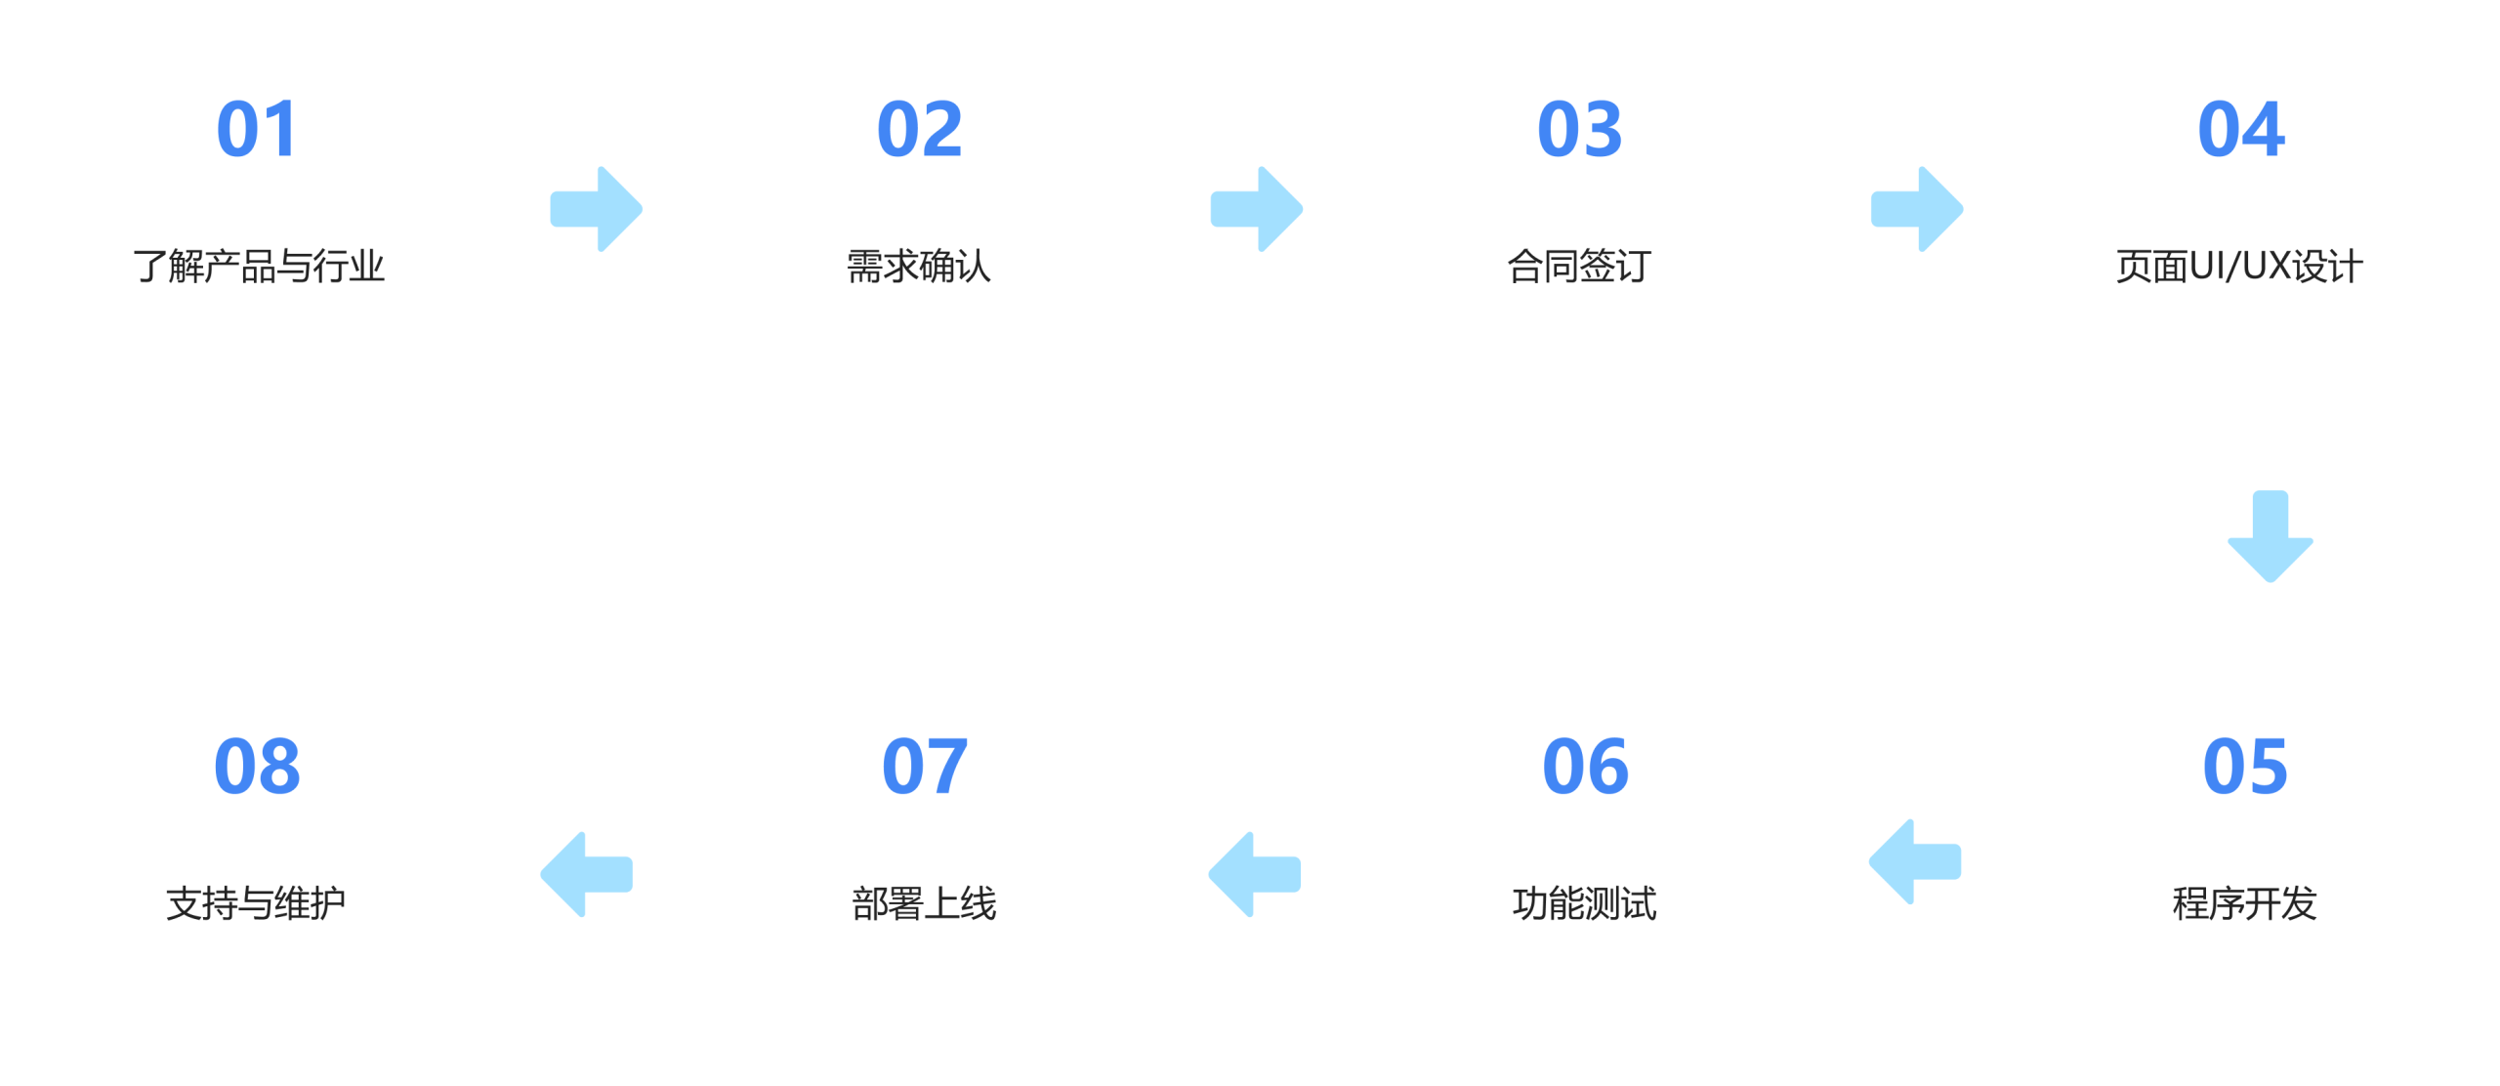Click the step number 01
[256, 129]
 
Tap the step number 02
[919, 129]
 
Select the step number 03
[1579, 129]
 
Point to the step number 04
[2240, 129]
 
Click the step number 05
[2244, 767]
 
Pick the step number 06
[1584, 767]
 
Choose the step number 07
[924, 767]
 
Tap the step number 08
[257, 767]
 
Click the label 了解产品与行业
[259, 266]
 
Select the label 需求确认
[919, 266]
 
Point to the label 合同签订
[1579, 266]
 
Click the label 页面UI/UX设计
[2239, 266]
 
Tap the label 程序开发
[2244, 903]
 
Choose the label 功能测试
[1584, 903]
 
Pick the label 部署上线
[924, 903]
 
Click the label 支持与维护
[256, 903]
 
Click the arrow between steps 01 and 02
[597, 209]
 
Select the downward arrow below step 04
[2270, 536]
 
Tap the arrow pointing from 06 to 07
[1254, 874]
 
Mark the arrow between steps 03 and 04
[1917, 209]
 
